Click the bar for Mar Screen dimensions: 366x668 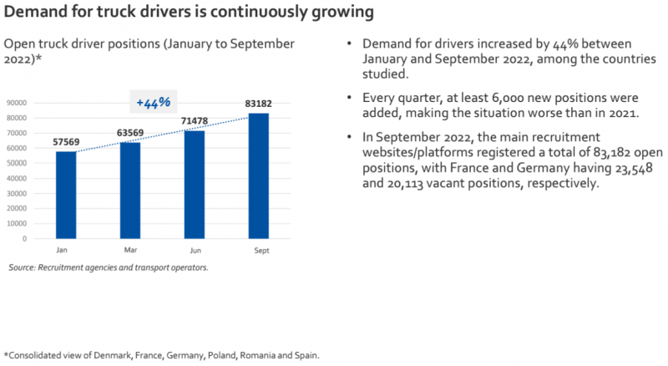coord(131,191)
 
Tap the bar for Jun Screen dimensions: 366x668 coord(195,184)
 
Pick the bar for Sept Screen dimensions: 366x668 coord(259,175)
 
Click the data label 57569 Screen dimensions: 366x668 coord(67,143)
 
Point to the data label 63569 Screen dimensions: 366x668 coord(131,134)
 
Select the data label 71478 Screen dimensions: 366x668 coord(195,121)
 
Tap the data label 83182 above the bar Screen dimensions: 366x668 coord(259,104)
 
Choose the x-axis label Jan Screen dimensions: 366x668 coord(62,250)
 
